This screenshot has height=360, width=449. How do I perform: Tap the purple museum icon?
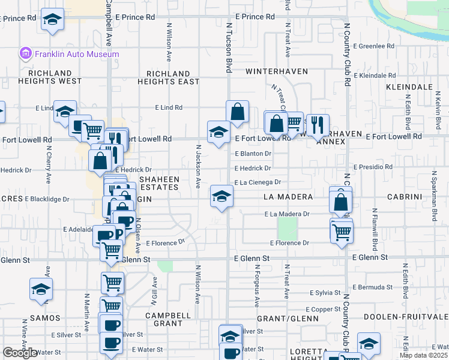click(x=26, y=54)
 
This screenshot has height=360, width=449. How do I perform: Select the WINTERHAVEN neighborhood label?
click(x=277, y=71)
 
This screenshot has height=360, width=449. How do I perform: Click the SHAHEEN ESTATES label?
click(x=159, y=183)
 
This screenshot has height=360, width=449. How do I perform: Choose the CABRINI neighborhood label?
click(x=420, y=197)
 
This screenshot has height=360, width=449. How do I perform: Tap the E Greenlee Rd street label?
click(x=373, y=46)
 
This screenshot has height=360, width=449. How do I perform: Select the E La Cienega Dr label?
click(x=258, y=182)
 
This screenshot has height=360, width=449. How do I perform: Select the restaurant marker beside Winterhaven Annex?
click(x=318, y=125)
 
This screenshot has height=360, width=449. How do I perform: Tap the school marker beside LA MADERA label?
click(x=221, y=196)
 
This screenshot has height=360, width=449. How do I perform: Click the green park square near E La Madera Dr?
click(x=288, y=227)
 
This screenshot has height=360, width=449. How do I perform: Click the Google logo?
click(x=20, y=353)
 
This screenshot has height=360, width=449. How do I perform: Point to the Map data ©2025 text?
click(x=423, y=355)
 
